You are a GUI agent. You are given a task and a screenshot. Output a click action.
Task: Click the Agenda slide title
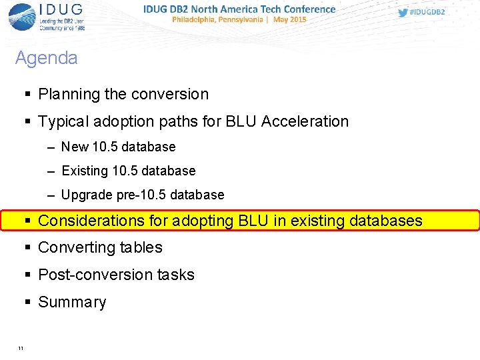[x=46, y=58]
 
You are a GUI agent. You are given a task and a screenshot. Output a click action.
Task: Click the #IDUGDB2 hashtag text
[x=427, y=13]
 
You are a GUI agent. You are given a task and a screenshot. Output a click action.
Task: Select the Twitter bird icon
[x=403, y=13]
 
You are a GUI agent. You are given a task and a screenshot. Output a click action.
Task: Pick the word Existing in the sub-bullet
[x=85, y=171]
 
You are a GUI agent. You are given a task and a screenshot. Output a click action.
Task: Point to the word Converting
[x=75, y=247]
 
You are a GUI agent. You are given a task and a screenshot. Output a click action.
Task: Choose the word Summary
[x=72, y=302]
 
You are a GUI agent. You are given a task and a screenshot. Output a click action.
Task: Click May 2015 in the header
[x=289, y=20]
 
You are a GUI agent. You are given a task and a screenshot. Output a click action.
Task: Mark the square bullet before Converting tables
[x=28, y=247]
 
